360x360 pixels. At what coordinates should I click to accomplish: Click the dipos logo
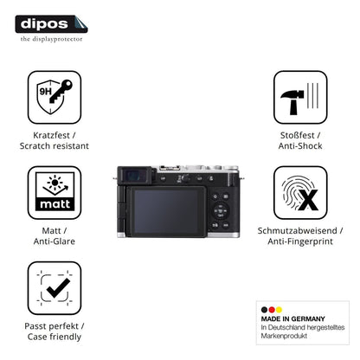[51, 24]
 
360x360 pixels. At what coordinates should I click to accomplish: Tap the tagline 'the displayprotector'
[51, 39]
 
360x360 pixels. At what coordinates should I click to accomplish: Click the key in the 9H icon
[61, 92]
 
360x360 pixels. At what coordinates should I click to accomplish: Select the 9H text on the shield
[45, 92]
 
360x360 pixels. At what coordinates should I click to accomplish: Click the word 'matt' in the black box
[55, 204]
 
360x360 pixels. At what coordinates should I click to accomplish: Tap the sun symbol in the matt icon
[55, 183]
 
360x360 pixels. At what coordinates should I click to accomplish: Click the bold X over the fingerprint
[308, 200]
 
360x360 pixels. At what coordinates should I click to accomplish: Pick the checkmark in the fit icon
[58, 287]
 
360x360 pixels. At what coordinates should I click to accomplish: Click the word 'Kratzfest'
[51, 135]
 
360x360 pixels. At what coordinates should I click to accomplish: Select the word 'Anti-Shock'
[300, 146]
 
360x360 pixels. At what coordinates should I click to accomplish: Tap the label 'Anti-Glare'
[55, 241]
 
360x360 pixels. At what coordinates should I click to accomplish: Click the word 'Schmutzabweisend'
[297, 230]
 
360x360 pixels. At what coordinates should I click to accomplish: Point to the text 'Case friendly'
[55, 337]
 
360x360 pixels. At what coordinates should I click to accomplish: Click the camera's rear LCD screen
[166, 212]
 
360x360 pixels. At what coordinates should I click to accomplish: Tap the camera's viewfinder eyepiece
[134, 175]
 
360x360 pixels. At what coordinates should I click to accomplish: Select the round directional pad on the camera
[220, 211]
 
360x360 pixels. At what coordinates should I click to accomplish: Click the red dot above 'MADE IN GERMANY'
[272, 310]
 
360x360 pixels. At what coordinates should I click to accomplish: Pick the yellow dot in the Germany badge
[279, 310]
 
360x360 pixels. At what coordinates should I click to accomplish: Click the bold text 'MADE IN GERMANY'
[292, 318]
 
